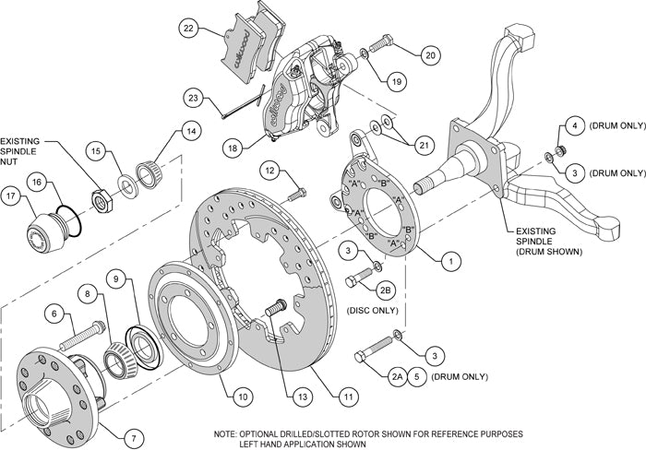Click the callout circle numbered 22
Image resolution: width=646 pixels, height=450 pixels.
(x=188, y=30)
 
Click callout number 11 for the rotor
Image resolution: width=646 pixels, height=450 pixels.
(x=348, y=397)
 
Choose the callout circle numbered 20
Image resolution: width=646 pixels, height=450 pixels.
(x=430, y=54)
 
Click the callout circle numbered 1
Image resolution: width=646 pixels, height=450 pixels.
(x=450, y=261)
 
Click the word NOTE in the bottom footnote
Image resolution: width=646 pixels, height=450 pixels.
(x=225, y=433)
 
